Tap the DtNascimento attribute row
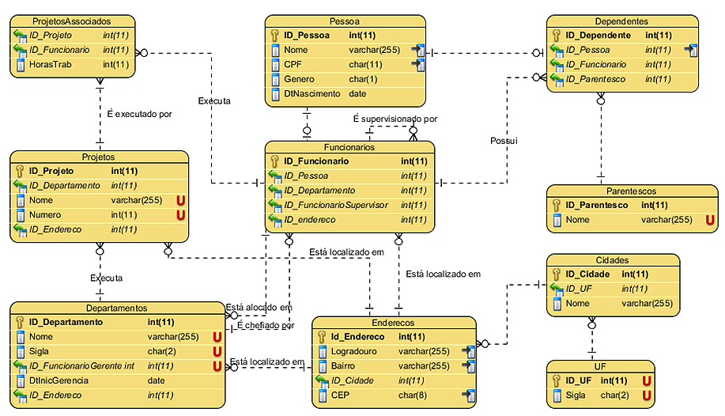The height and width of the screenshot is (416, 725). pos(312,93)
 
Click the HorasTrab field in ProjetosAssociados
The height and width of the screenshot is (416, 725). pos(51,64)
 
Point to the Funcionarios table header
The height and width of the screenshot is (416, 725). pos(349,147)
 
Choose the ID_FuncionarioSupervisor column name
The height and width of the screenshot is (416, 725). pos(336,205)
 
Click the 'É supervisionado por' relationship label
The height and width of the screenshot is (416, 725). pos(395,119)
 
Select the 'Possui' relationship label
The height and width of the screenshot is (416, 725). pos(503,141)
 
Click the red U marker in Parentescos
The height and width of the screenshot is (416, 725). pos(709,220)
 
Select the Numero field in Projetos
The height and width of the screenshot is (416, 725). pos(45,215)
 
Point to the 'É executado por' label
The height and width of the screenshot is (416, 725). pos(139,114)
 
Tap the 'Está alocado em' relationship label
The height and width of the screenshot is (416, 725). pos(259,307)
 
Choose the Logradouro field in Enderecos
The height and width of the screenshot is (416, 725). pos(356,351)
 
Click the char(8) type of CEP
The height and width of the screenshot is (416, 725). pos(413,395)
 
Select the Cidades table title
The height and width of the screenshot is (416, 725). pos(612,259)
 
